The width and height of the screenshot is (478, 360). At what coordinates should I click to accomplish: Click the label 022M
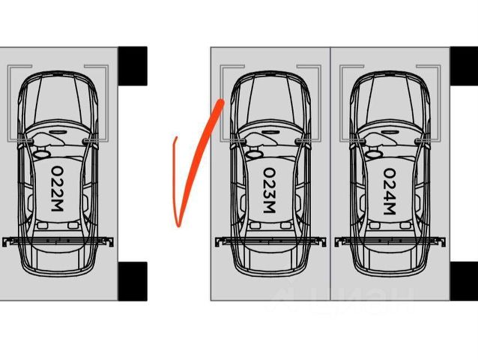[x=57, y=189]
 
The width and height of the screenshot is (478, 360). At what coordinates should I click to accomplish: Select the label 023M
[x=270, y=190]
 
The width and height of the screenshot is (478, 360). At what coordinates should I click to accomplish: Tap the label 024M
[x=390, y=191]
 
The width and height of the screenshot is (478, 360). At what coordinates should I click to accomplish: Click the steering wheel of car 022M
[x=41, y=154]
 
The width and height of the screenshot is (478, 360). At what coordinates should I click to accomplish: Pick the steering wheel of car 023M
[x=254, y=154]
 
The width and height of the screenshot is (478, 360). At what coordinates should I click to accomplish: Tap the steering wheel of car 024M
[x=373, y=154]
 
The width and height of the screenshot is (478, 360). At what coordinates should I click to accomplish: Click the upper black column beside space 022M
[x=133, y=66]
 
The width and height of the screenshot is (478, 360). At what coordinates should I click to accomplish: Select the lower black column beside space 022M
[x=133, y=281]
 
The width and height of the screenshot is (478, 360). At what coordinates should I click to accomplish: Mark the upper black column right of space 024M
[x=464, y=66]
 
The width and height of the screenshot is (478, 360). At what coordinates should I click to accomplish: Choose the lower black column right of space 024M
[x=464, y=281]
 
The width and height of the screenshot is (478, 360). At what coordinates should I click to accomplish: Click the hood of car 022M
[x=58, y=97]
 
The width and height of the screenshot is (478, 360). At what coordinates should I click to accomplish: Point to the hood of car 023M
[x=270, y=97]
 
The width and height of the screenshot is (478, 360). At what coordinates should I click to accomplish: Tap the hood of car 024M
[x=390, y=97]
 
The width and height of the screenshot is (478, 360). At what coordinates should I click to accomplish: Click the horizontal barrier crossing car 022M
[x=58, y=241]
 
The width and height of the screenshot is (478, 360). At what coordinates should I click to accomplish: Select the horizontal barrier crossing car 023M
[x=270, y=241]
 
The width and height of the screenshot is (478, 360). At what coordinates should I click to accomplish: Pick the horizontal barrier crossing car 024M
[x=390, y=241]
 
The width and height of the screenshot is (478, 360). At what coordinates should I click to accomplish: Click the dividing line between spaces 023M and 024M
[x=330, y=174]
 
